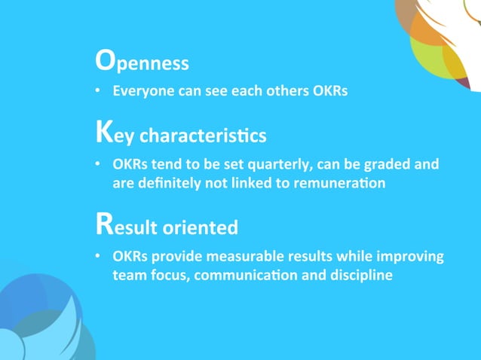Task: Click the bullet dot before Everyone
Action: (98, 93)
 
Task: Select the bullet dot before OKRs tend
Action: (98, 165)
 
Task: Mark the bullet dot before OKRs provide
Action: (98, 257)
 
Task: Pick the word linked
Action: (261, 183)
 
